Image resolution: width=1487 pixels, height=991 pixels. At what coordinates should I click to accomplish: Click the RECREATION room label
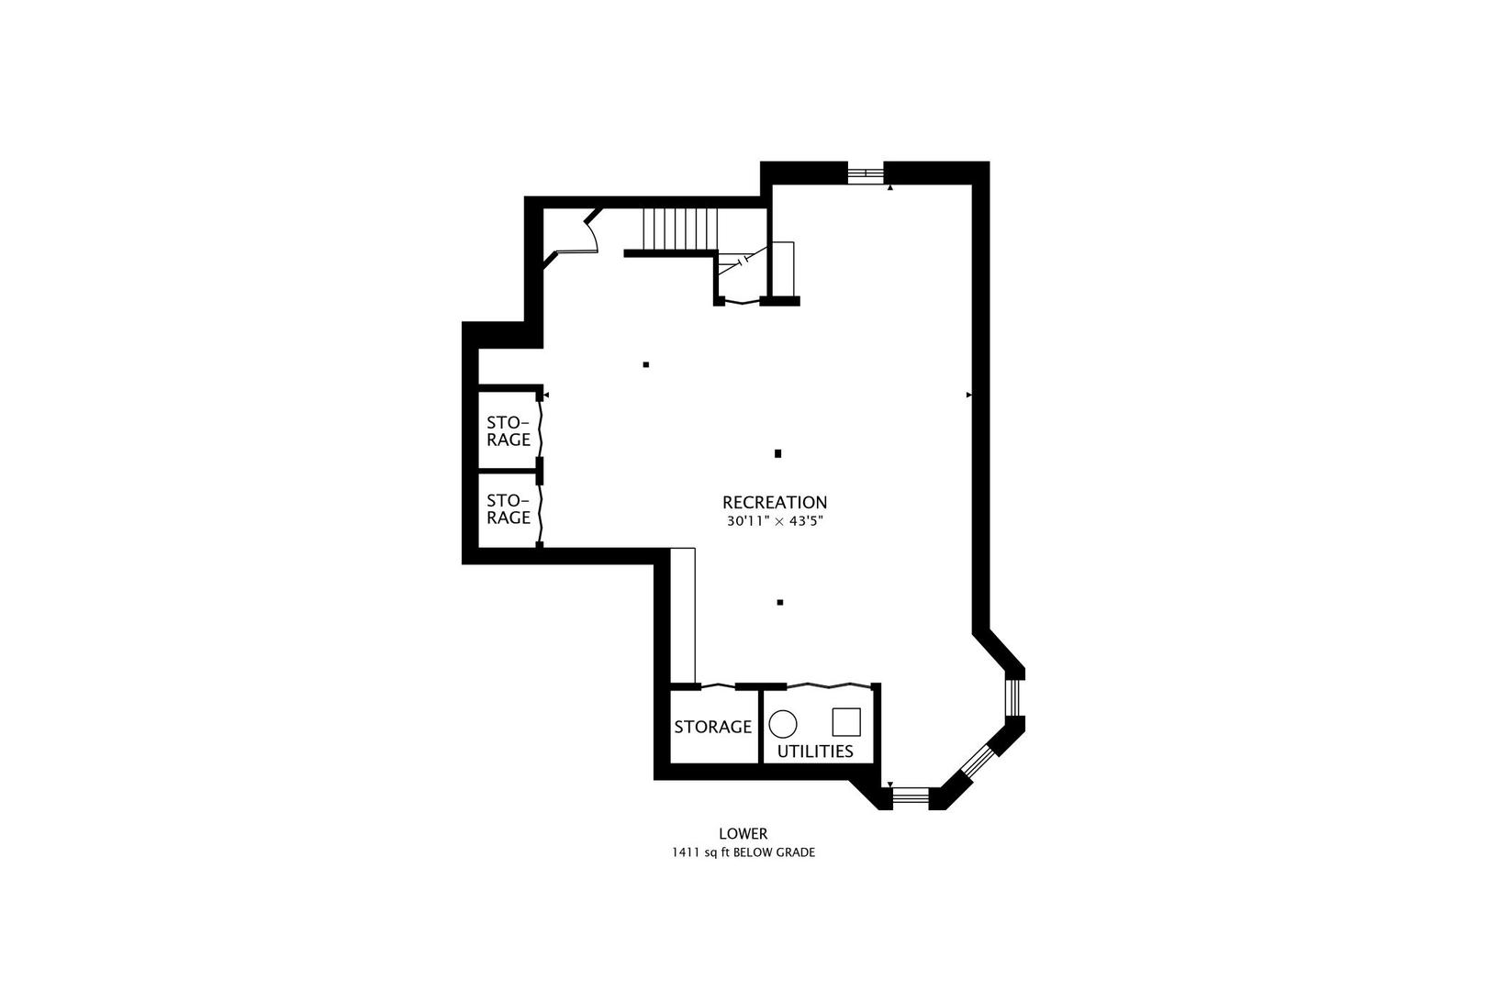[775, 503]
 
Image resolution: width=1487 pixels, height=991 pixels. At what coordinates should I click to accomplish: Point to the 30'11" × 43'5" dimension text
[775, 522]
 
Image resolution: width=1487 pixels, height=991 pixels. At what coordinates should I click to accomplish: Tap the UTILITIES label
[815, 752]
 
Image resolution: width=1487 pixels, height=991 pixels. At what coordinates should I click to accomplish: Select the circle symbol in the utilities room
[783, 724]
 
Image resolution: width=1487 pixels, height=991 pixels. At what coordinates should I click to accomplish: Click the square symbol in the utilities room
[846, 722]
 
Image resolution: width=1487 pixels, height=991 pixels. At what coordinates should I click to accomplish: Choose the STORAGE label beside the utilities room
[713, 727]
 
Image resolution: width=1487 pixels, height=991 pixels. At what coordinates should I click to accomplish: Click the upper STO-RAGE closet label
[509, 430]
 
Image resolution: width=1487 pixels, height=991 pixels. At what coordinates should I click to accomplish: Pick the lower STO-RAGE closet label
[509, 508]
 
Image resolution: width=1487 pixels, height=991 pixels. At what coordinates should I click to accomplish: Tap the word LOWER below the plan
[743, 834]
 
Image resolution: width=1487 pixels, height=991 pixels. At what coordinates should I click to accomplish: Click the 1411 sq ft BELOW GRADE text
[743, 853]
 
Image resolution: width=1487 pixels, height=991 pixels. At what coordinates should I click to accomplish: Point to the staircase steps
[680, 229]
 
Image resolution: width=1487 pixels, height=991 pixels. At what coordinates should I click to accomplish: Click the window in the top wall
[866, 174]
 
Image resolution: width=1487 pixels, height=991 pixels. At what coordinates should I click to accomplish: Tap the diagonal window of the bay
[978, 760]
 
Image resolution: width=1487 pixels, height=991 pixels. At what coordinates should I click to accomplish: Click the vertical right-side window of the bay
[1013, 697]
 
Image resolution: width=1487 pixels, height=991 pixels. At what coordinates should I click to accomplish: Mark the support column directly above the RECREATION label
[778, 454]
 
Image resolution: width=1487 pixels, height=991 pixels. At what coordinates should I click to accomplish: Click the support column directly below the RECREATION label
[780, 603]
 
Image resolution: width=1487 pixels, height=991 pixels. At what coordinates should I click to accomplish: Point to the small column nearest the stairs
[646, 364]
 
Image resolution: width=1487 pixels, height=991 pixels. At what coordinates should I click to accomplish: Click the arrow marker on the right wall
[968, 395]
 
